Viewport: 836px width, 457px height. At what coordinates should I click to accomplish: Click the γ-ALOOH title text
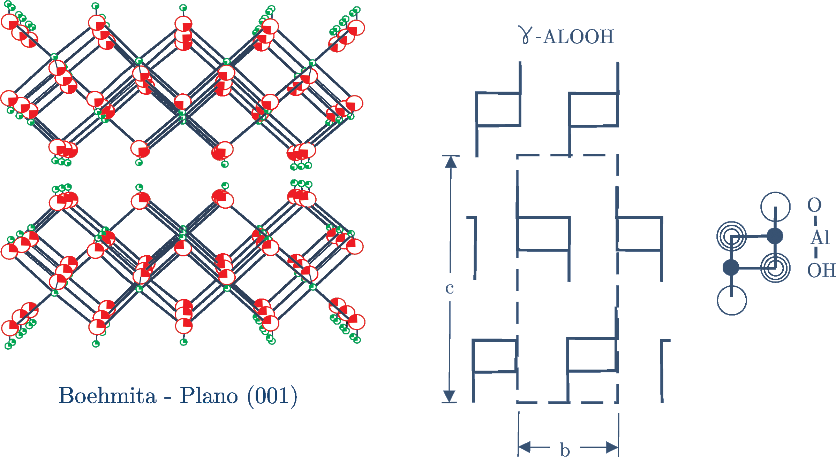(567, 36)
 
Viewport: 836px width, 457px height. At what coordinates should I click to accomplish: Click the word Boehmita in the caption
(107, 396)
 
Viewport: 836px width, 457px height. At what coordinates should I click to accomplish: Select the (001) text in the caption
(272, 396)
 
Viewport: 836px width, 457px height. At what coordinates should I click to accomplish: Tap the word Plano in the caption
(209, 396)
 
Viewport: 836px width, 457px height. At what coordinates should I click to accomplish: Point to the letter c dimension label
(450, 288)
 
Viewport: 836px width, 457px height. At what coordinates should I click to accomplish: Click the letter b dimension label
(565, 450)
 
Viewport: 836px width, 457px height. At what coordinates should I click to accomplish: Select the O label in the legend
(814, 205)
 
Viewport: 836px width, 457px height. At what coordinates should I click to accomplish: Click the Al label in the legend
(820, 238)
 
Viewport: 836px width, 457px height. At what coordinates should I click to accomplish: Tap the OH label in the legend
(821, 270)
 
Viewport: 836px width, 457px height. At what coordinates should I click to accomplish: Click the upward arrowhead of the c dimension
(451, 162)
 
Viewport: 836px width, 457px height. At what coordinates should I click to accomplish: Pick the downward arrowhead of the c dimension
(449, 396)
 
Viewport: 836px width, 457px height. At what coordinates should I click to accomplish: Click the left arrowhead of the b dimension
(525, 447)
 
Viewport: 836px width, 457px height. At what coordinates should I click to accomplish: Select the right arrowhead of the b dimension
(612, 447)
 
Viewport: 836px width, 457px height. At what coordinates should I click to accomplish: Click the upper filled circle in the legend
(775, 236)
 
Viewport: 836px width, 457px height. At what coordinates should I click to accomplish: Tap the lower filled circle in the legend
(731, 268)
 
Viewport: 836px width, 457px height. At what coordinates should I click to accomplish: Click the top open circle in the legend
(775, 207)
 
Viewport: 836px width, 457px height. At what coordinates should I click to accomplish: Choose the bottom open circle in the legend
(732, 300)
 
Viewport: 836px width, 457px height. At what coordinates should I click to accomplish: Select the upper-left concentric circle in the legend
(731, 237)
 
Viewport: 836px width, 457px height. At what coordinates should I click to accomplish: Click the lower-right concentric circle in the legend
(775, 268)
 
